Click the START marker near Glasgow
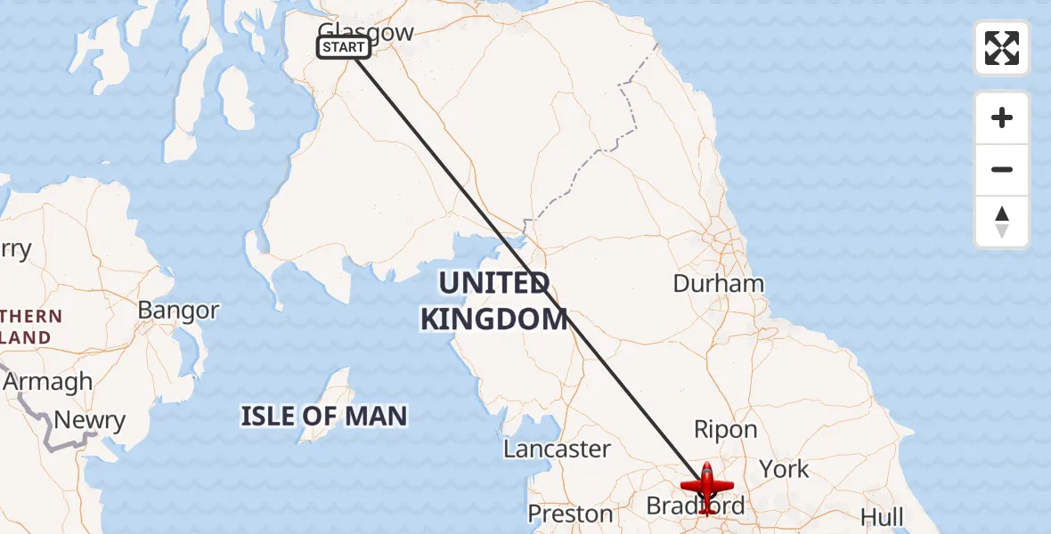tap(343, 47)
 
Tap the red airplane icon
tap(706, 488)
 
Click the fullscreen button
tap(1002, 48)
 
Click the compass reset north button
tap(1002, 222)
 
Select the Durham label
tap(718, 284)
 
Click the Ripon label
tap(725, 430)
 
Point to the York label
tap(784, 469)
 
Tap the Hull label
tap(882, 516)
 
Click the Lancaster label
tap(557, 449)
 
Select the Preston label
tap(570, 514)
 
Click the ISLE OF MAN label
tap(324, 416)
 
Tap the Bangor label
tap(178, 310)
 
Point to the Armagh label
tap(48, 382)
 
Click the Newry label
tap(89, 420)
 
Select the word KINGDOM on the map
tap(493, 319)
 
